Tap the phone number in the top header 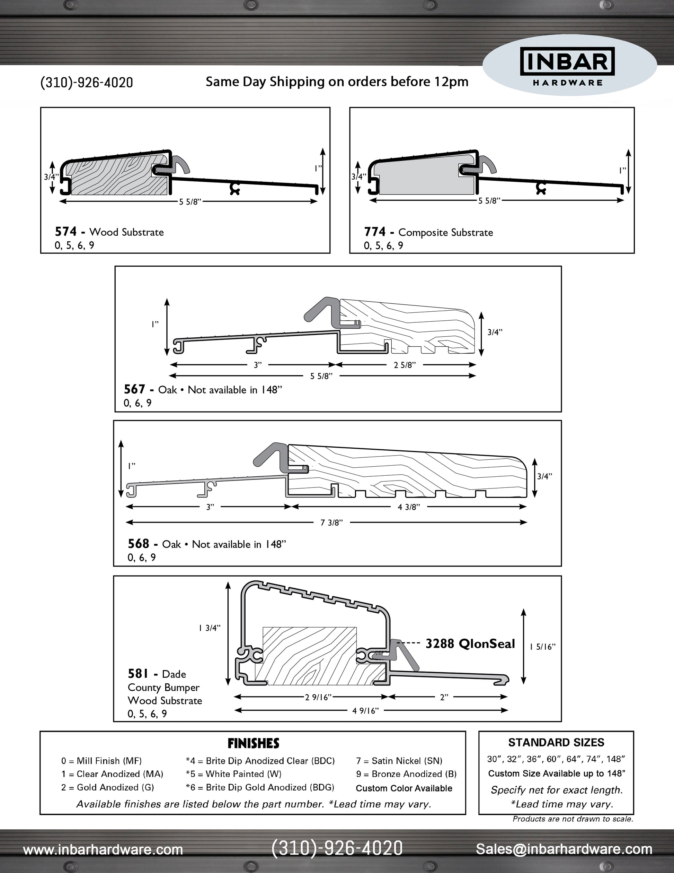(87, 83)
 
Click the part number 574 (65, 232)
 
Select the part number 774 (374, 232)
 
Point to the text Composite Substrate (446, 232)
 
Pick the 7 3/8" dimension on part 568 (331, 522)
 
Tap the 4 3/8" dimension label (409, 507)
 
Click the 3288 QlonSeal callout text (470, 643)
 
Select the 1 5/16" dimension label (543, 647)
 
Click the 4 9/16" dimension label (365, 710)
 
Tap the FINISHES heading (253, 743)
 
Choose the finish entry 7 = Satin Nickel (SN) (399, 761)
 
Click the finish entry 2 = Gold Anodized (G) (107, 787)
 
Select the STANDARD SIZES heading (556, 742)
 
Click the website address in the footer (103, 849)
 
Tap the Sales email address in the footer (564, 849)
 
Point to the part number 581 (138, 674)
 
